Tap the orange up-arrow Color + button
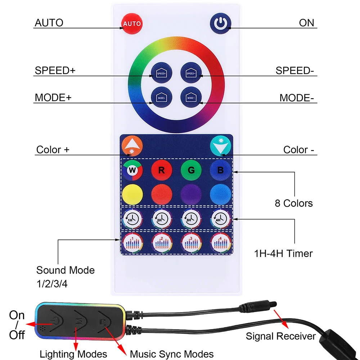[x=132, y=146]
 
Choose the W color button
[x=132, y=170]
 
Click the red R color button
[x=161, y=170]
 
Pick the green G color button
[x=191, y=170]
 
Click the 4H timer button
[x=220, y=218]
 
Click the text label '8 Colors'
[x=294, y=203]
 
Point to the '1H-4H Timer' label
[x=283, y=253]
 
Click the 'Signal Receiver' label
[x=281, y=337]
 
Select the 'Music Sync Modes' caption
[x=172, y=354]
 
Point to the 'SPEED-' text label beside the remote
[x=294, y=71]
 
